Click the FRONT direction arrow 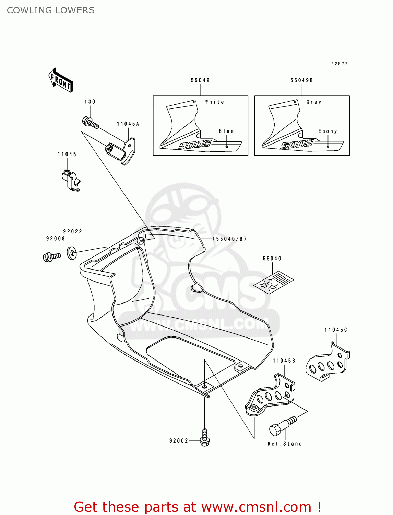(x=61, y=80)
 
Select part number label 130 (x=90, y=102)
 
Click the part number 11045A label (x=128, y=124)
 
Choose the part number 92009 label (x=56, y=239)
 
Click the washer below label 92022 (x=72, y=253)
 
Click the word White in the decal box (x=215, y=102)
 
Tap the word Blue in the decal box (x=226, y=131)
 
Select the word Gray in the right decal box (x=314, y=102)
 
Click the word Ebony (x=327, y=131)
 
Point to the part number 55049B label (x=301, y=80)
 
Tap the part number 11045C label (x=336, y=330)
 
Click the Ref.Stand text (x=285, y=444)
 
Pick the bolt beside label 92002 (x=205, y=438)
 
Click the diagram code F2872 (x=339, y=64)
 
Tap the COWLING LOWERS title (x=51, y=10)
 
